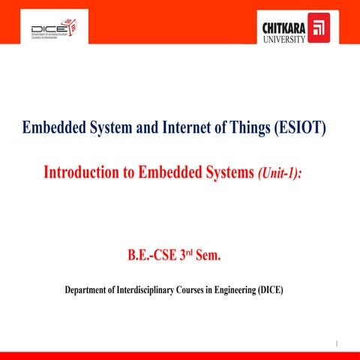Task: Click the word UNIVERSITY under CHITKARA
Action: (x=283, y=40)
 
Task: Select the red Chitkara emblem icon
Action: (x=319, y=30)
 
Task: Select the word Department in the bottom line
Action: (x=91, y=289)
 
